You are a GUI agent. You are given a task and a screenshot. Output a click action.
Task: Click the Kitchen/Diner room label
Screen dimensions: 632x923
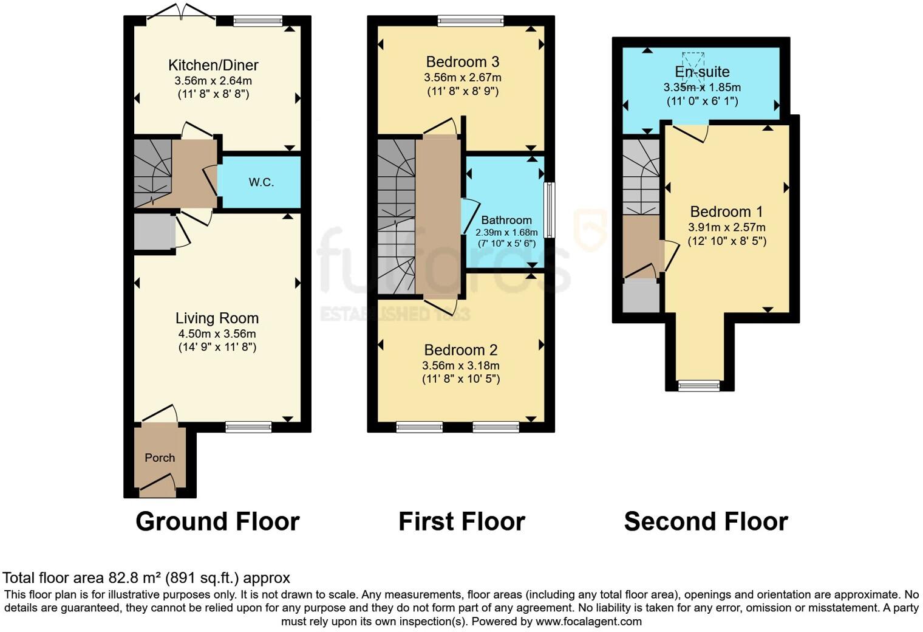tap(213, 65)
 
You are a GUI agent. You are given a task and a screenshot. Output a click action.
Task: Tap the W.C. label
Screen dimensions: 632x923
tap(261, 182)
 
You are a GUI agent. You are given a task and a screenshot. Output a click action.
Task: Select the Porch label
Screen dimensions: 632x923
tap(160, 458)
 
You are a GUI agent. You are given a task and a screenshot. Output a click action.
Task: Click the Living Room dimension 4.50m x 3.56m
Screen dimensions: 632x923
tap(217, 334)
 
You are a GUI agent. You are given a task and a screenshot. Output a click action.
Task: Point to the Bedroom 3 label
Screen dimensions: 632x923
tap(462, 61)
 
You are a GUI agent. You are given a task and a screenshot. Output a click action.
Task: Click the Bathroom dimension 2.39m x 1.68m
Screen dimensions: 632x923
tap(506, 232)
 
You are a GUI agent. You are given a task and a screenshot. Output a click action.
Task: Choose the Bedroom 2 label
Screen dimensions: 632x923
tap(460, 350)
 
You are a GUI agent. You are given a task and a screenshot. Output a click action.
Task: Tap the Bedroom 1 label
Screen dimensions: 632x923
tap(726, 211)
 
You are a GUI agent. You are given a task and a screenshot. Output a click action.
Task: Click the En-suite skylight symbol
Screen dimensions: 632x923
tap(693, 62)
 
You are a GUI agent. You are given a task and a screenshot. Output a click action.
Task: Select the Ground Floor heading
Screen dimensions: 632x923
tap(217, 521)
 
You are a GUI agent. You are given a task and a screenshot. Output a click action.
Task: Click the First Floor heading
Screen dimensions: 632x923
tap(461, 521)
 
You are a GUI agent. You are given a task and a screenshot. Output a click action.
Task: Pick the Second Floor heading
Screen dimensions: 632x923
tap(706, 521)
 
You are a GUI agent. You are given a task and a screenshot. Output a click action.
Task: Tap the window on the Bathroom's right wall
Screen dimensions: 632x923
tap(550, 210)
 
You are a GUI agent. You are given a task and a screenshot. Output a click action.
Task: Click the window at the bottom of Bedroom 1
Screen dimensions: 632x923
tap(699, 385)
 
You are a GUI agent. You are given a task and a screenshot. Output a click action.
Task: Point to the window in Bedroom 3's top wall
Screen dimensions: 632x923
tap(471, 21)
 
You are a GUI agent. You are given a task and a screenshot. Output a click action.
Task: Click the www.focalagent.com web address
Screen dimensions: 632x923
tap(588, 621)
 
